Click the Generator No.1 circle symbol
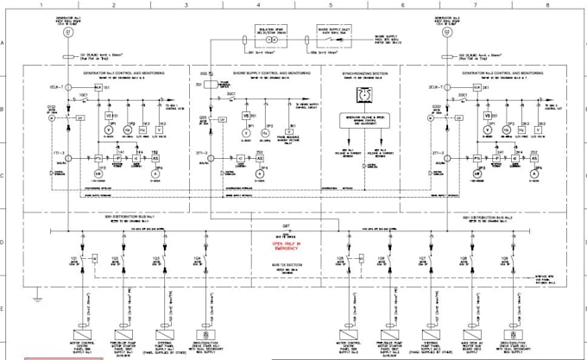66,32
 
